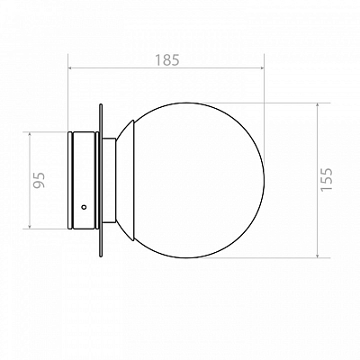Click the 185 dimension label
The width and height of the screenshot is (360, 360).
point(167,60)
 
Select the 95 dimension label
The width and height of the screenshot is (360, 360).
point(39,180)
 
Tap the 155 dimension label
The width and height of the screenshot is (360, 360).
point(327,179)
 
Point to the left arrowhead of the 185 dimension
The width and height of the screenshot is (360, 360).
point(71,68)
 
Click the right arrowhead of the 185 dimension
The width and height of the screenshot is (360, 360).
point(261,68)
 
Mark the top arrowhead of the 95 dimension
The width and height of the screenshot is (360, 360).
point(30,135)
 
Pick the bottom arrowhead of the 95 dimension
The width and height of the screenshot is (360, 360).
point(30,226)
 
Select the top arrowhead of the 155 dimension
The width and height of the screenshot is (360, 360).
point(318,106)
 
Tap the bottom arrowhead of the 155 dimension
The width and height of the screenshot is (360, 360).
point(318,255)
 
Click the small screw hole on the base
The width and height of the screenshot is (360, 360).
point(84,207)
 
